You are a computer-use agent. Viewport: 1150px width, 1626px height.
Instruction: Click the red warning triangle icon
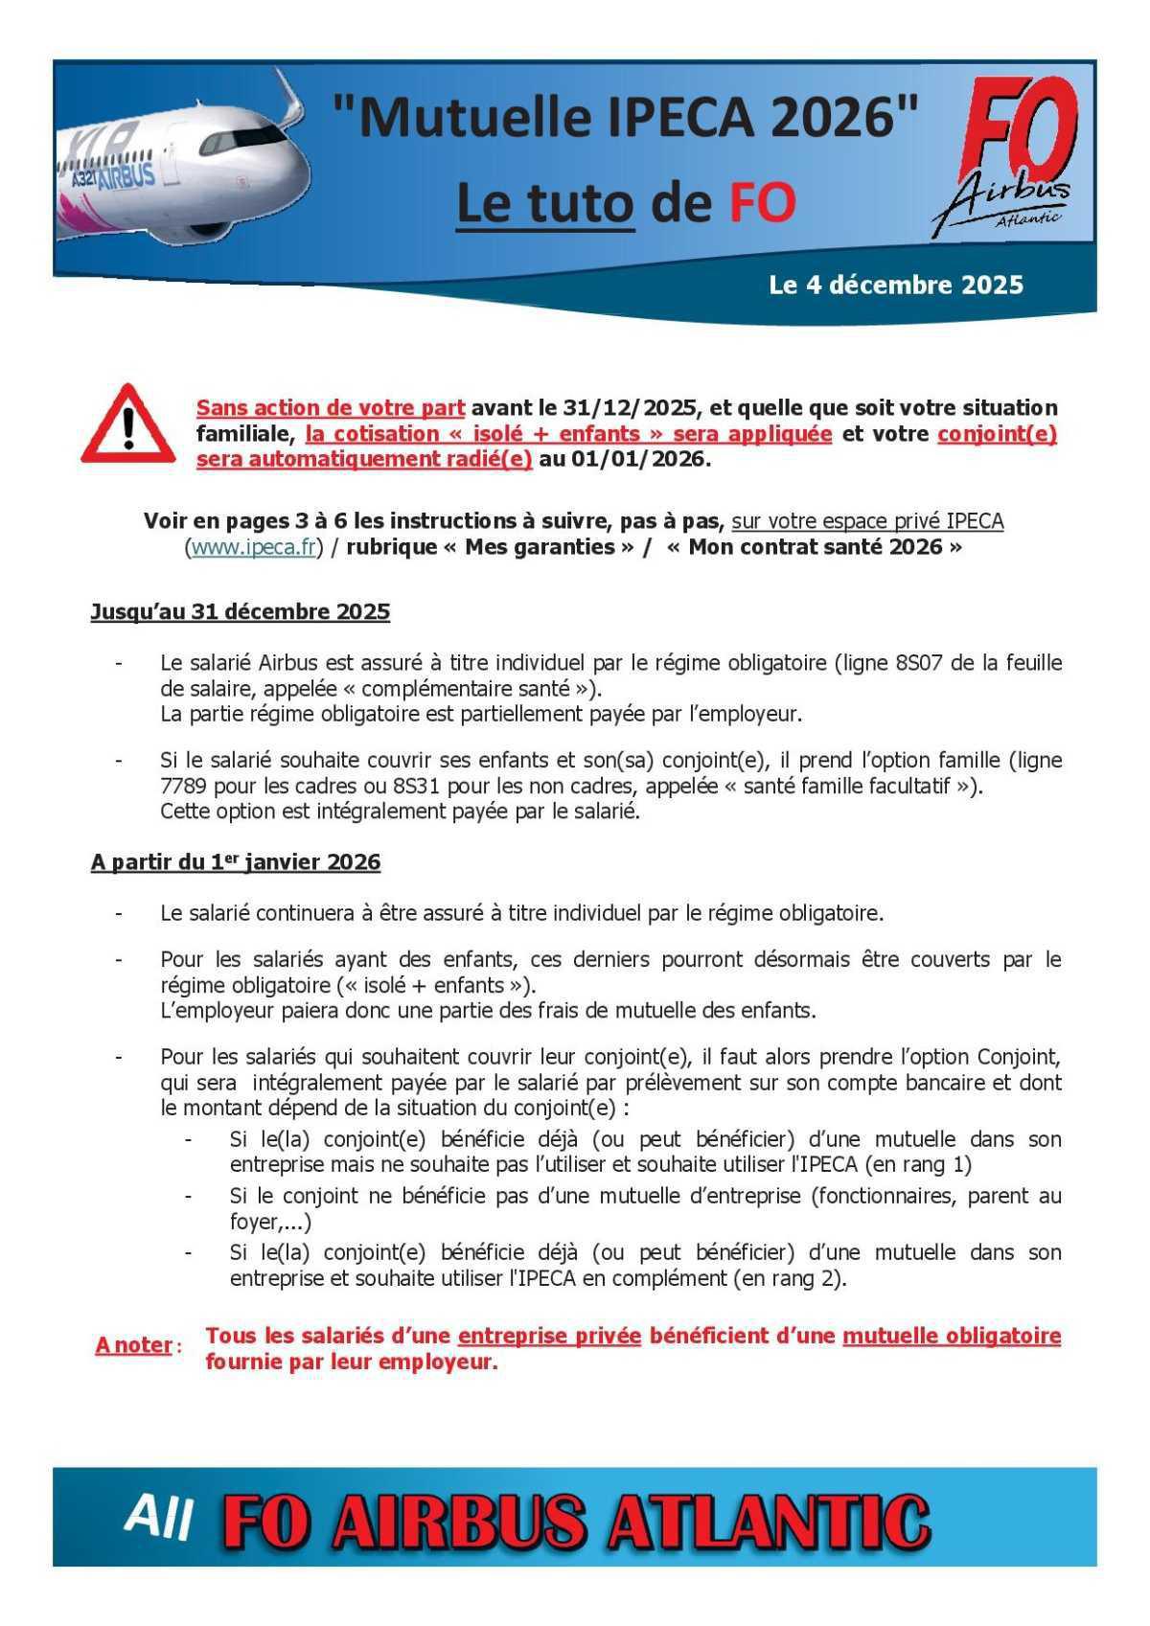[128, 425]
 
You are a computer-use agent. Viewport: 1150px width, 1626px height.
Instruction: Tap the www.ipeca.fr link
[254, 547]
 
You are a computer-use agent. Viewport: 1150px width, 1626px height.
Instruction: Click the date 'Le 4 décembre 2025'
[896, 285]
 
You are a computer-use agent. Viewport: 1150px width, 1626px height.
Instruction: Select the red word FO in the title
[763, 202]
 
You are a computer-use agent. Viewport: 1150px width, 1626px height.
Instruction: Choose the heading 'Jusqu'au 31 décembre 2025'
[240, 611]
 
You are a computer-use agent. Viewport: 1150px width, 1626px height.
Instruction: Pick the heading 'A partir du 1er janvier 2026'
[235, 862]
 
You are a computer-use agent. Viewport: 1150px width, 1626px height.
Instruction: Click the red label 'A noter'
[133, 1345]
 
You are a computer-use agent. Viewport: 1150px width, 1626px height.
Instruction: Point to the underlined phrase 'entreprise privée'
[549, 1336]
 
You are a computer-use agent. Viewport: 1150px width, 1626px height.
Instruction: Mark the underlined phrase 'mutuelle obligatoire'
[952, 1336]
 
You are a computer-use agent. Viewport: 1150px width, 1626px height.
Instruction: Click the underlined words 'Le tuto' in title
[545, 202]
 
